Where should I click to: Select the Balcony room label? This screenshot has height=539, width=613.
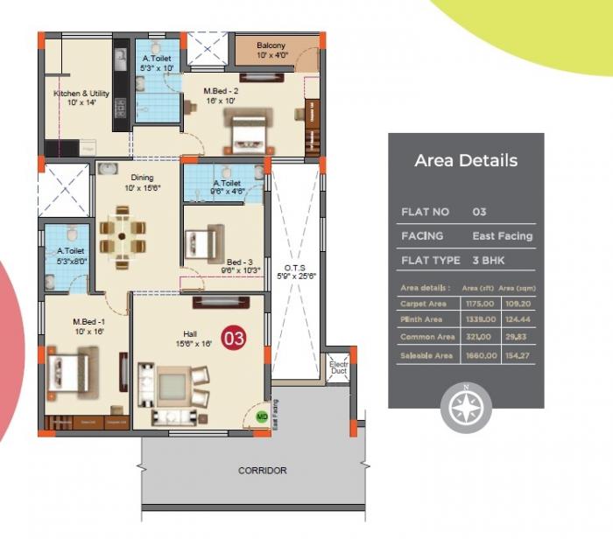click(271, 51)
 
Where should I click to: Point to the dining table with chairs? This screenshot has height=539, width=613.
click(122, 235)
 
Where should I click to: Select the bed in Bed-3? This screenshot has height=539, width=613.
click(204, 240)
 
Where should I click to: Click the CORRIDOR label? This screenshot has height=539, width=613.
click(263, 471)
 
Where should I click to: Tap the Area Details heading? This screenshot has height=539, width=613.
click(466, 161)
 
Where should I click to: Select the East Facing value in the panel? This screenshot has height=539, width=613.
click(502, 236)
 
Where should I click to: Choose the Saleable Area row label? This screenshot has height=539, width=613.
click(426, 355)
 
